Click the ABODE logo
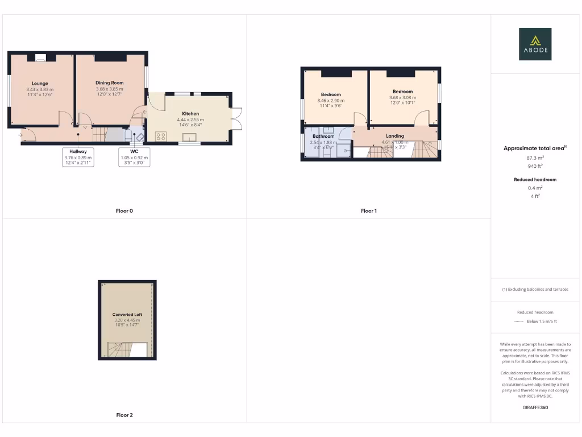(x=535, y=44)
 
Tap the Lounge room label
(x=40, y=84)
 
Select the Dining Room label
(x=110, y=83)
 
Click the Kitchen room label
(x=190, y=114)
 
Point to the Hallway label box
(x=78, y=156)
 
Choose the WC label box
(x=134, y=156)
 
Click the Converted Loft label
(x=127, y=315)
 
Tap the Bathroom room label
(x=323, y=137)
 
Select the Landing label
(x=395, y=136)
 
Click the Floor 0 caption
(x=124, y=211)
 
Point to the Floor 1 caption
(x=369, y=211)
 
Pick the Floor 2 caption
(x=124, y=415)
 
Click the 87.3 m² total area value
(x=535, y=158)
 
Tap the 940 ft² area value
(x=535, y=166)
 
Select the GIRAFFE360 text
(x=535, y=407)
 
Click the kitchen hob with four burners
(x=161, y=137)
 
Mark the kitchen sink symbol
(x=190, y=137)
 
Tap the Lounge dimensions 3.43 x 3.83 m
(x=40, y=89)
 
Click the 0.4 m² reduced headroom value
(x=535, y=188)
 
